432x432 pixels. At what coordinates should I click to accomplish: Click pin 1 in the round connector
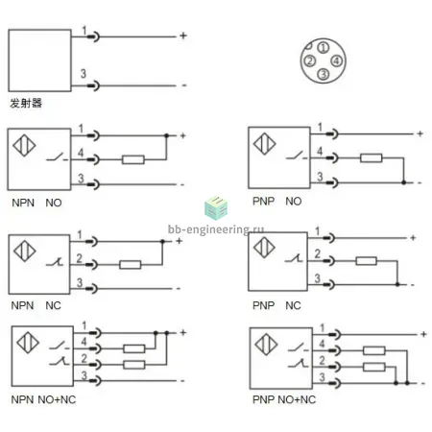click(324, 48)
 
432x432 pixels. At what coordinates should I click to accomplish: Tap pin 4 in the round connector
click(336, 60)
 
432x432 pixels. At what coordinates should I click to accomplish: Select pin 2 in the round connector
click(310, 60)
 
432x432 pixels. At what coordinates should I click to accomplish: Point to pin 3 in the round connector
click(324, 74)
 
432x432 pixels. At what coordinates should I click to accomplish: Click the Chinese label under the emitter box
click(26, 103)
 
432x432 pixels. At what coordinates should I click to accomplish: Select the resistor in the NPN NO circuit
click(133, 159)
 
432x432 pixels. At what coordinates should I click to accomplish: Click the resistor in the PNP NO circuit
click(371, 157)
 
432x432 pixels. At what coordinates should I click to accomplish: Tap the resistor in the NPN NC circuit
click(130, 265)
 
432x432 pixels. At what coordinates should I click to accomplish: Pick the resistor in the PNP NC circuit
click(366, 261)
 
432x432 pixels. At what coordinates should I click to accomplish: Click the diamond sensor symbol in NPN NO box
click(24, 146)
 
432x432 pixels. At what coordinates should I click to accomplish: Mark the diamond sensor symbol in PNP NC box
click(264, 247)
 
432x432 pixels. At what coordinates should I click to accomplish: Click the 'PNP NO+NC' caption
click(284, 399)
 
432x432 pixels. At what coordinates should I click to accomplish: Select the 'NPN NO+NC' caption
click(43, 399)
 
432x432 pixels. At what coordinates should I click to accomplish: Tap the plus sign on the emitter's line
click(183, 36)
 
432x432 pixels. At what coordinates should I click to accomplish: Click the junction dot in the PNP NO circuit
click(404, 182)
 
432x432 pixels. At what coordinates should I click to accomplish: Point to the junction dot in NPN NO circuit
click(166, 135)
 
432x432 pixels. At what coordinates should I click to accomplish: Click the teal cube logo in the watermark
click(216, 208)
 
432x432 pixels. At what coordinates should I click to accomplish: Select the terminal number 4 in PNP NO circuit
click(320, 151)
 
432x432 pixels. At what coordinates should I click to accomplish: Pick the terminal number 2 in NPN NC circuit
click(80, 258)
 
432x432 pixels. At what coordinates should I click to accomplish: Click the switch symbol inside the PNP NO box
click(297, 156)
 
